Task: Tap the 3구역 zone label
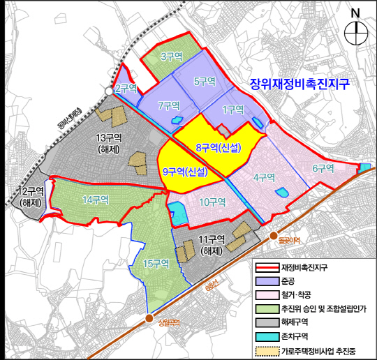pos(171,56)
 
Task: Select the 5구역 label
pos(205,82)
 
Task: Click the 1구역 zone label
pos(232,110)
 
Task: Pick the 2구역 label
pos(126,89)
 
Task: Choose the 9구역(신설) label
pos(185,172)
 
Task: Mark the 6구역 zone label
pos(324,168)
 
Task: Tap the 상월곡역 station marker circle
pos(149,318)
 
